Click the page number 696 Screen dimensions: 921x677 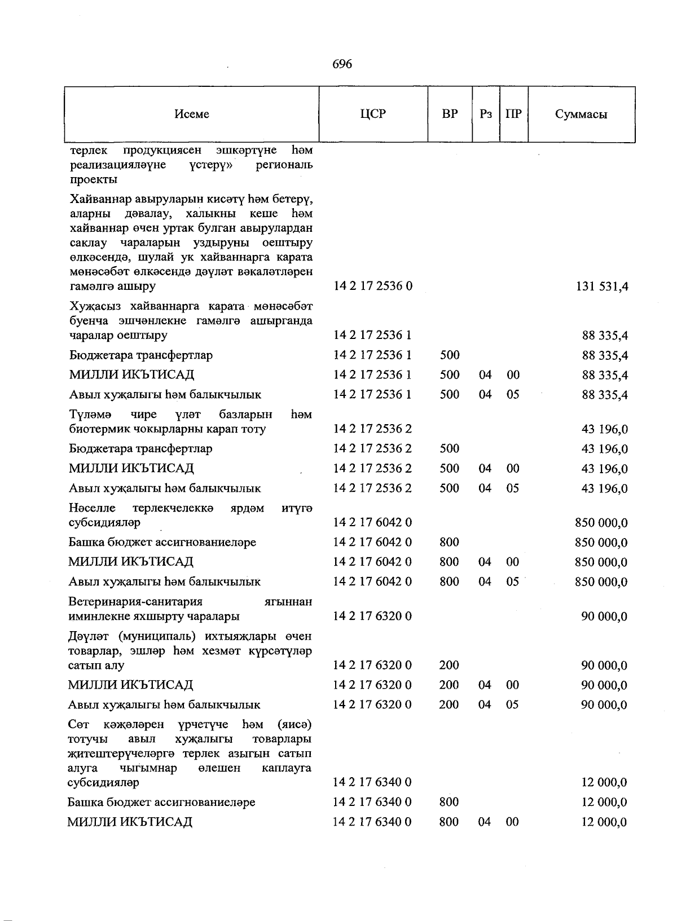click(x=342, y=64)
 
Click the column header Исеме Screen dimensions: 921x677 click(x=192, y=114)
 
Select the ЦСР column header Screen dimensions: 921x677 click(x=373, y=114)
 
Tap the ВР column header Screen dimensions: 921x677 click(x=450, y=114)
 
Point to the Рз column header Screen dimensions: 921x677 click(x=486, y=114)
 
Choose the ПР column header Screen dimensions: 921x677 click(x=513, y=114)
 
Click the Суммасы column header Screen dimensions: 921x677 click(x=581, y=114)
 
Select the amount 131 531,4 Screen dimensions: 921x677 click(x=601, y=287)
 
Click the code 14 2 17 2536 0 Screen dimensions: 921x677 click(x=372, y=286)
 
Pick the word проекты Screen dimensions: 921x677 click(x=94, y=180)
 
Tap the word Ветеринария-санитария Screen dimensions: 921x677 click(x=135, y=602)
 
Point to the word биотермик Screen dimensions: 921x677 click(x=97, y=429)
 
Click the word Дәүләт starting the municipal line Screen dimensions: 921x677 click(x=90, y=637)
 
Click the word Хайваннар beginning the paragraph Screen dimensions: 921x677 click(x=99, y=199)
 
